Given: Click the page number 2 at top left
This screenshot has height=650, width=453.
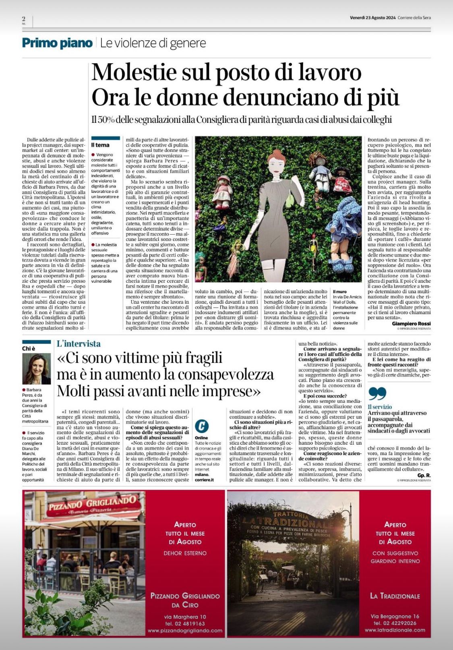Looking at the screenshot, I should click(x=24, y=19).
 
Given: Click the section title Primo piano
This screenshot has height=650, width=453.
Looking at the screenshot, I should click(x=57, y=43).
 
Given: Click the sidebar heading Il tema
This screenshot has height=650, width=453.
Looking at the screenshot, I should click(x=100, y=145).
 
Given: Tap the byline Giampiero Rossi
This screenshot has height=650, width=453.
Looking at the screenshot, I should click(x=411, y=324).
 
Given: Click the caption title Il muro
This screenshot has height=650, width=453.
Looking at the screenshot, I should click(x=339, y=291).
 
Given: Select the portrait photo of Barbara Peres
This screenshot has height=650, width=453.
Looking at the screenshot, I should click(x=36, y=368).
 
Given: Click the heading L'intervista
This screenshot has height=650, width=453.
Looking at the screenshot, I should click(x=79, y=344).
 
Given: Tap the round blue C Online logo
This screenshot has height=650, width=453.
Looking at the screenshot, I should click(x=202, y=426).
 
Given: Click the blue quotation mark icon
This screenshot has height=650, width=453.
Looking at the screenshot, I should click(x=377, y=394).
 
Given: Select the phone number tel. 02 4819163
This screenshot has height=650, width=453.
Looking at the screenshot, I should click(x=185, y=623).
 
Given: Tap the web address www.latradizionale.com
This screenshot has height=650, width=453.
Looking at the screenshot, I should click(x=395, y=630).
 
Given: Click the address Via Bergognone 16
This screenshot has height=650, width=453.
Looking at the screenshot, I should click(x=395, y=616).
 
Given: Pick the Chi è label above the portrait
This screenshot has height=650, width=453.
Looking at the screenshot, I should click(x=28, y=349).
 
